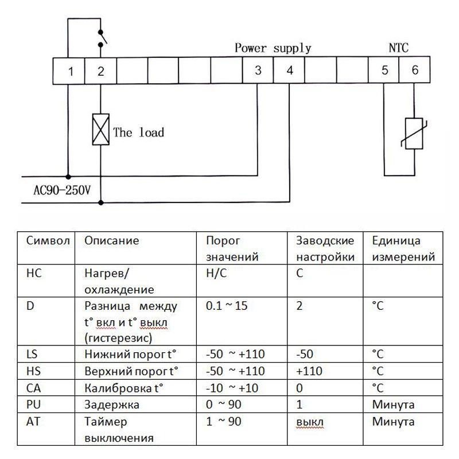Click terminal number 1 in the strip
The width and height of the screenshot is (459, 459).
tap(71, 71)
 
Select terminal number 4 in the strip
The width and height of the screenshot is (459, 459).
tap(290, 70)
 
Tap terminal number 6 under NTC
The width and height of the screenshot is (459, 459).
tap(415, 70)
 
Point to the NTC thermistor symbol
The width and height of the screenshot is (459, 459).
tap(414, 134)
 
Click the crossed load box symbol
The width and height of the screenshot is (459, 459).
tap(101, 130)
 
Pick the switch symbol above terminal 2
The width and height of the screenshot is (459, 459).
tap(102, 38)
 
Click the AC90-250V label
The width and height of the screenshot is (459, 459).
tap(62, 190)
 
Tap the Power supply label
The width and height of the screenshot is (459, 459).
tap(273, 48)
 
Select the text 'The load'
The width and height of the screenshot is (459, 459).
tap(138, 133)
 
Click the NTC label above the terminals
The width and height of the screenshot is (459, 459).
tap(398, 48)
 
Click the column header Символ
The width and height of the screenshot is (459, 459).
tap(48, 240)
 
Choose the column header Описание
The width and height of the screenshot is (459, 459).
tap(111, 240)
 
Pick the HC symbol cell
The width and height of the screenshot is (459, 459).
tap(34, 273)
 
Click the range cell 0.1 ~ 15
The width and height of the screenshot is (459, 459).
tap(227, 306)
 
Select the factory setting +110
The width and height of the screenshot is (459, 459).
tap(309, 371)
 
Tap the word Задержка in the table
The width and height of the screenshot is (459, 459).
tap(112, 404)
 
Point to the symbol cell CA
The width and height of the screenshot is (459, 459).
tap(33, 388)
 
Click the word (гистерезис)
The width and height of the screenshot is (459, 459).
tap(118, 339)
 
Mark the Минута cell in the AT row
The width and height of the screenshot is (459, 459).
tap(393, 422)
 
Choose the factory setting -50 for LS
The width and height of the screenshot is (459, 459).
tap(305, 354)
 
